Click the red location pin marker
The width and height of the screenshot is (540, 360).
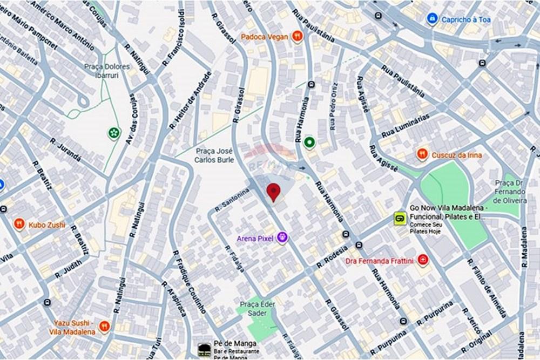(274, 192)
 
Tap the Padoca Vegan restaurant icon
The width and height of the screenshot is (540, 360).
(296, 36)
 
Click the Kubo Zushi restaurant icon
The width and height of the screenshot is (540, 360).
(19, 224)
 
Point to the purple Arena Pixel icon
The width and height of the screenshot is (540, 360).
(282, 237)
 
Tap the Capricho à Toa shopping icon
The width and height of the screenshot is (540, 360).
(432, 19)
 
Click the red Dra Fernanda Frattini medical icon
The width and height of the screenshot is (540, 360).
(423, 261)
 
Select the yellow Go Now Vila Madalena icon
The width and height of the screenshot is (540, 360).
(400, 219)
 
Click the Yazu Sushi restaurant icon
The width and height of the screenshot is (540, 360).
(104, 326)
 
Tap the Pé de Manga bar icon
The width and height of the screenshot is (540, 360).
(204, 349)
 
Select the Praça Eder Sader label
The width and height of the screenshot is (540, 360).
(254, 308)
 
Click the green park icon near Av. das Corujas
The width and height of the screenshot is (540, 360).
(113, 132)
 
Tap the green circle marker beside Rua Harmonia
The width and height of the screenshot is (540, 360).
(309, 142)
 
